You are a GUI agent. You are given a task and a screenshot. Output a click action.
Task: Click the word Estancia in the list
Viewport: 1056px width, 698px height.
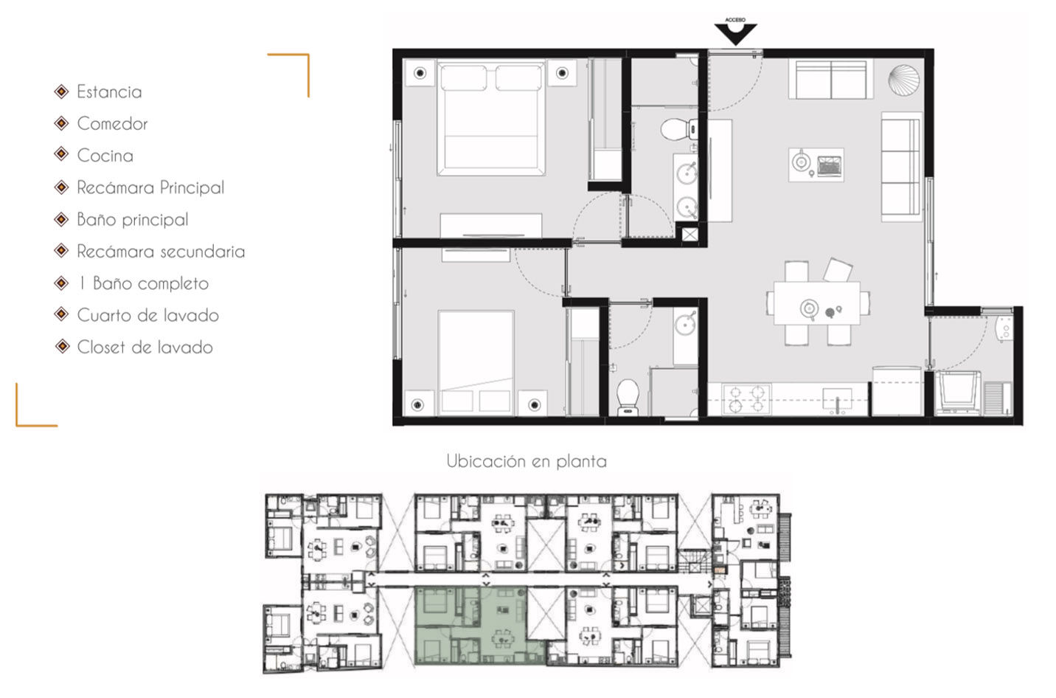(109, 91)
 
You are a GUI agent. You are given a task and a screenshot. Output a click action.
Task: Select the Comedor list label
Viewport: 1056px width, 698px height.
(112, 123)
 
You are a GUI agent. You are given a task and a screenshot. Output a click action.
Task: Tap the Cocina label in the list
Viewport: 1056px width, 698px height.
(105, 156)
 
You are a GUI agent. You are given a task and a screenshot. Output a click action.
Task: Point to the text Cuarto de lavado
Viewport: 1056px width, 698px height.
(148, 315)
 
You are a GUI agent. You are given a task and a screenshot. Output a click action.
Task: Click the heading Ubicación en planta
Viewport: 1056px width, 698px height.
(527, 460)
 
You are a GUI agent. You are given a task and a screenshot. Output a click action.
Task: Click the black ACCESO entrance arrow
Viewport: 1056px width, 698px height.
(735, 34)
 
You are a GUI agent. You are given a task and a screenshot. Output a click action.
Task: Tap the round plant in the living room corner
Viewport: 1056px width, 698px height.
(904, 79)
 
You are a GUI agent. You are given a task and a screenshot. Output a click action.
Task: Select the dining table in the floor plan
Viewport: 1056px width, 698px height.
(817, 303)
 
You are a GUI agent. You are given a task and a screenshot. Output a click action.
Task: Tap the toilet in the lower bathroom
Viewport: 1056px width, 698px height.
(628, 397)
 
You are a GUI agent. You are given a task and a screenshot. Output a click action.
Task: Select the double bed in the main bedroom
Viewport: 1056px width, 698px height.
(490, 117)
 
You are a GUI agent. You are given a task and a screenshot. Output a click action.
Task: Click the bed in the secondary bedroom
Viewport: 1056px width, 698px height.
(476, 363)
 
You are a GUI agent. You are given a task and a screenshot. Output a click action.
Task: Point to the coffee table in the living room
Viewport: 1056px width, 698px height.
(816, 165)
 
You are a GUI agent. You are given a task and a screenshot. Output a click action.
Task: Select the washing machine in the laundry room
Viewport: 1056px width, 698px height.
(958, 393)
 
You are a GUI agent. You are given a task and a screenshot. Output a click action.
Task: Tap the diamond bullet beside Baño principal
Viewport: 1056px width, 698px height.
(62, 219)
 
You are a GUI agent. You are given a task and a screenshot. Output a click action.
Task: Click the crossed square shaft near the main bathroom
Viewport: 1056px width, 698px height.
(689, 235)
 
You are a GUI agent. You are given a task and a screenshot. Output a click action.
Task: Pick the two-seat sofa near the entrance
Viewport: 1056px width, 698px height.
(830, 79)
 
